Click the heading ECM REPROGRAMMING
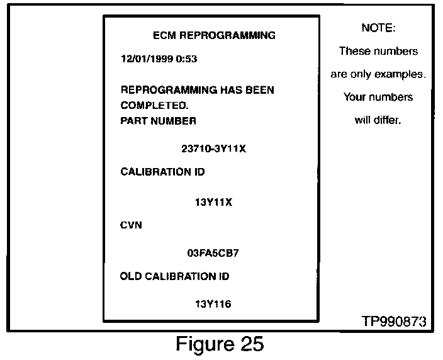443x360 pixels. click(x=214, y=35)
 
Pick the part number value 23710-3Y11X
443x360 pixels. click(x=213, y=150)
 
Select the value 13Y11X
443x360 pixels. click(x=214, y=203)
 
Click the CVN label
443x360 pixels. click(x=131, y=225)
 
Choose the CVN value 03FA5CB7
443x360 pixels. click(x=213, y=253)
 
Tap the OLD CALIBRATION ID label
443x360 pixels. click(x=174, y=276)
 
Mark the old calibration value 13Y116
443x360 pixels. click(x=214, y=305)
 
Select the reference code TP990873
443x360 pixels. click(x=394, y=321)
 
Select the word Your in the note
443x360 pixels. click(x=355, y=97)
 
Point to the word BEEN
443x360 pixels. click(x=259, y=90)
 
